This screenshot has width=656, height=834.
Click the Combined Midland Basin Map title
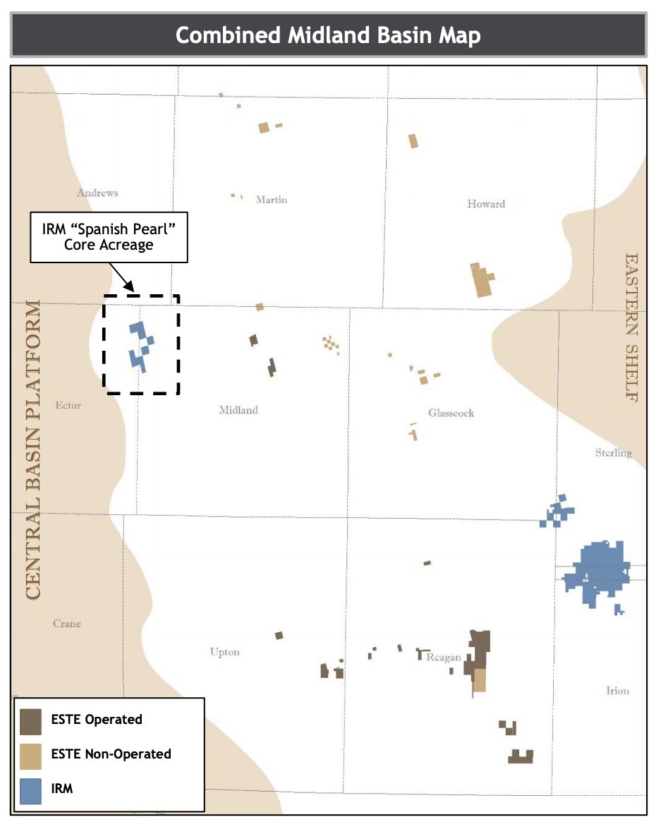click(x=328, y=35)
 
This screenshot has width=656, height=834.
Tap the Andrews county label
click(x=97, y=193)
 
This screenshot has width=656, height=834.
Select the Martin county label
click(x=272, y=200)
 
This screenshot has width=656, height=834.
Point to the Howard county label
click(x=486, y=204)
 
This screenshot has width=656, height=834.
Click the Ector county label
click(x=68, y=406)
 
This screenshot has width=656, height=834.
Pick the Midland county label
click(x=238, y=410)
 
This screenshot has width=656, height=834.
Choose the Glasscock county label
click(x=451, y=413)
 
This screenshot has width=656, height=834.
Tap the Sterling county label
click(x=614, y=453)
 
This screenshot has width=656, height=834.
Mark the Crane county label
click(x=67, y=624)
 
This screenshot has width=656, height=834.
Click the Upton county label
click(x=225, y=652)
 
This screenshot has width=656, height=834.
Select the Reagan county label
click(x=444, y=658)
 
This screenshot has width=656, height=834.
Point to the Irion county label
click(x=617, y=691)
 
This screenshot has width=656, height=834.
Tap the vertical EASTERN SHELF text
click(x=631, y=327)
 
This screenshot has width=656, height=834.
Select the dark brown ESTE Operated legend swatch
click(x=30, y=720)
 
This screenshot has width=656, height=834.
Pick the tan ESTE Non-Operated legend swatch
click(x=30, y=755)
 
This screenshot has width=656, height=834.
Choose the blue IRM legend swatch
click(x=30, y=790)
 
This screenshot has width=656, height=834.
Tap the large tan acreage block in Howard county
click(x=482, y=281)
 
